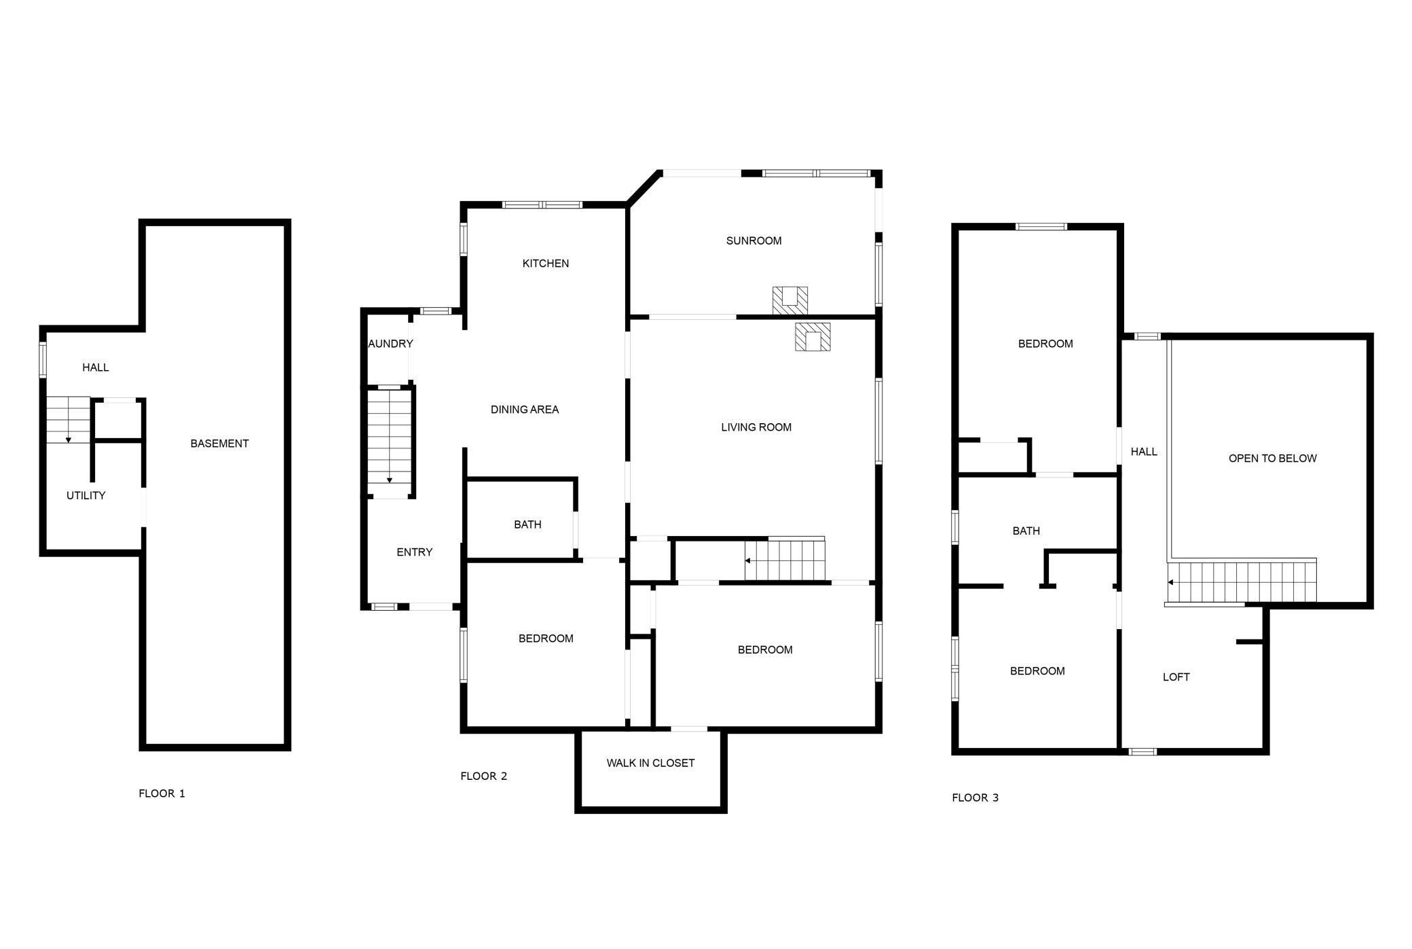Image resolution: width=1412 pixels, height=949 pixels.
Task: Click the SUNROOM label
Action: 754,240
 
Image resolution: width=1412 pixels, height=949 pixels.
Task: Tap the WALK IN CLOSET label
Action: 650,763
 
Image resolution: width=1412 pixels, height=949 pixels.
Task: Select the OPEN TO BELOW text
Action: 1272,459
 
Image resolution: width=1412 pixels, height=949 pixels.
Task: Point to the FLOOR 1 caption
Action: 162,793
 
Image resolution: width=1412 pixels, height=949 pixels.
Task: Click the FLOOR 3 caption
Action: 975,798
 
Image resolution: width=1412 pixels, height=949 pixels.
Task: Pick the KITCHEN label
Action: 545,264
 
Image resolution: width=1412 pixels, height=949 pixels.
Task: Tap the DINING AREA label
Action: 524,410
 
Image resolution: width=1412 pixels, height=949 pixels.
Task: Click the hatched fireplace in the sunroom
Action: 789,300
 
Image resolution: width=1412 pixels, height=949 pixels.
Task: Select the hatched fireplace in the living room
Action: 813,337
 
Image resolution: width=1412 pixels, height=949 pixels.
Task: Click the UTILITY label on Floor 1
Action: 86,496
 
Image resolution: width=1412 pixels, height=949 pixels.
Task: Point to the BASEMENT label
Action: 219,444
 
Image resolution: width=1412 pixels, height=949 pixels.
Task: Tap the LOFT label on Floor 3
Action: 1176,677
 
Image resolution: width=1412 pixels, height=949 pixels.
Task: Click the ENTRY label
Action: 414,552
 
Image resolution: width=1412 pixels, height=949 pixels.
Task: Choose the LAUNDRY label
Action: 390,344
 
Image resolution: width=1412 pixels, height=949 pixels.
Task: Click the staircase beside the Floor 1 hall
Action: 68,420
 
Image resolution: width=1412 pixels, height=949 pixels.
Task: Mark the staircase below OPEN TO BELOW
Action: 1242,581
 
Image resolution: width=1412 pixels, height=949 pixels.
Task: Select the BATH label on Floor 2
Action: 527,524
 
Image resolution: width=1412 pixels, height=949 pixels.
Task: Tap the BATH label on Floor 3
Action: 1026,531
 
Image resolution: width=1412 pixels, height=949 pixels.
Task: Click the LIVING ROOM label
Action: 756,427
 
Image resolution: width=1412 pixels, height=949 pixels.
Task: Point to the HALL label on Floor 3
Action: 1144,452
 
